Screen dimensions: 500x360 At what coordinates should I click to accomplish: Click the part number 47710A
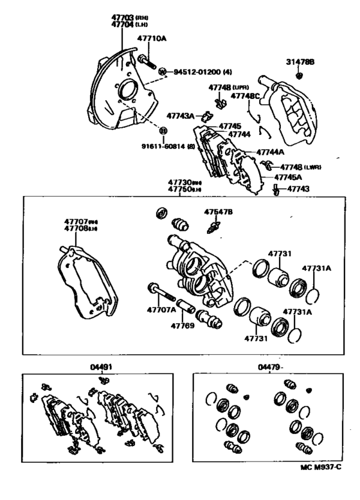153,39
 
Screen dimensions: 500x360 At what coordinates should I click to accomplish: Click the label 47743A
181,116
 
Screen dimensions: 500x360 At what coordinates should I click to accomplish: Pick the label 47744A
270,152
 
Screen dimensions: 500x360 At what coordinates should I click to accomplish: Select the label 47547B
219,211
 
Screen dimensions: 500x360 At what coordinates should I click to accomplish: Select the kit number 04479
270,367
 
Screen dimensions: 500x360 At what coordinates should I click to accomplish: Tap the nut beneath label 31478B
300,76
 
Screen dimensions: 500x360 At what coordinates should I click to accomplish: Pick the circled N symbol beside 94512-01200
162,71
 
